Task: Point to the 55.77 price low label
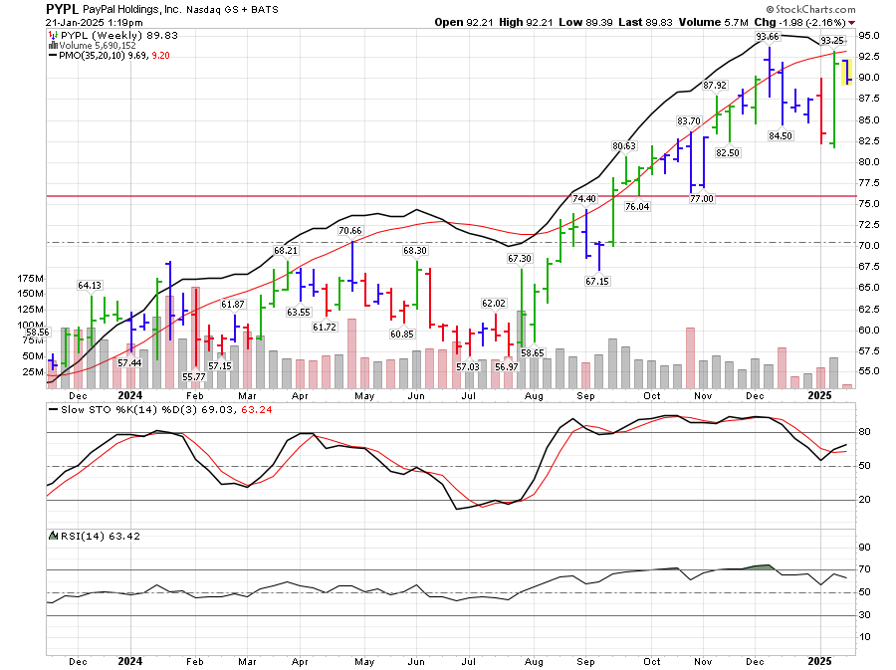(x=193, y=376)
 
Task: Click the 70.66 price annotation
(x=350, y=231)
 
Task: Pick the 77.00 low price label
(x=702, y=199)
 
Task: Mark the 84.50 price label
(x=781, y=135)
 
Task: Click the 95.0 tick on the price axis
(x=871, y=35)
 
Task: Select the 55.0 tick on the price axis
(x=871, y=371)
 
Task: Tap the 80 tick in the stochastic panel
(x=864, y=432)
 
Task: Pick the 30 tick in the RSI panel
(x=864, y=615)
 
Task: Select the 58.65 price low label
(x=533, y=352)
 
